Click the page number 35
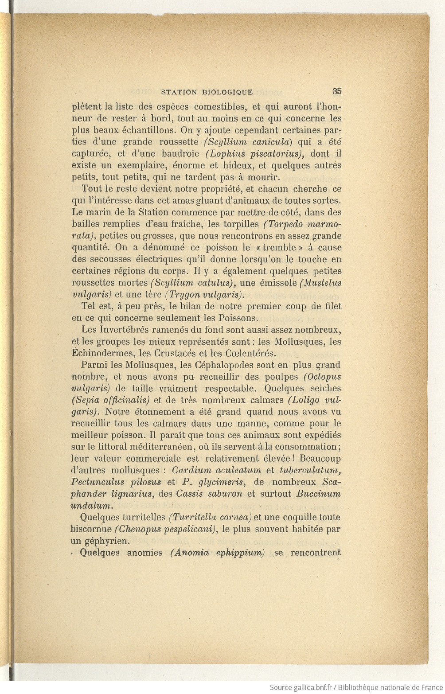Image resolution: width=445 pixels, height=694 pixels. click(336, 91)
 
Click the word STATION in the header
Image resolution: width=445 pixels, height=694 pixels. click(179, 92)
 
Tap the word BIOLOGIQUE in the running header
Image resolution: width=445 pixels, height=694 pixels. click(227, 92)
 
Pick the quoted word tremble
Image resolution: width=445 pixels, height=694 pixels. click(279, 247)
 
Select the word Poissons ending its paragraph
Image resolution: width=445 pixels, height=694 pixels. click(238, 318)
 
